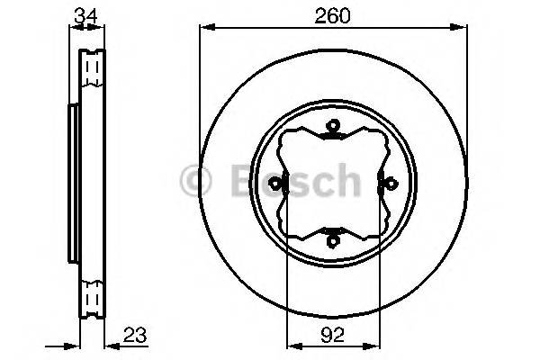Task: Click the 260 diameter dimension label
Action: (332, 15)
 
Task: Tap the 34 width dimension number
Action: (85, 15)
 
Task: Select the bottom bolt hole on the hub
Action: (332, 239)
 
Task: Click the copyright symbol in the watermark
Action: (196, 181)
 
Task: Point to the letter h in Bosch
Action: (346, 181)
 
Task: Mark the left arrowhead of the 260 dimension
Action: (203, 29)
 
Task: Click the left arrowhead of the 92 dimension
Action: (291, 345)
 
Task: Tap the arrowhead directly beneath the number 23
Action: (112, 345)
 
